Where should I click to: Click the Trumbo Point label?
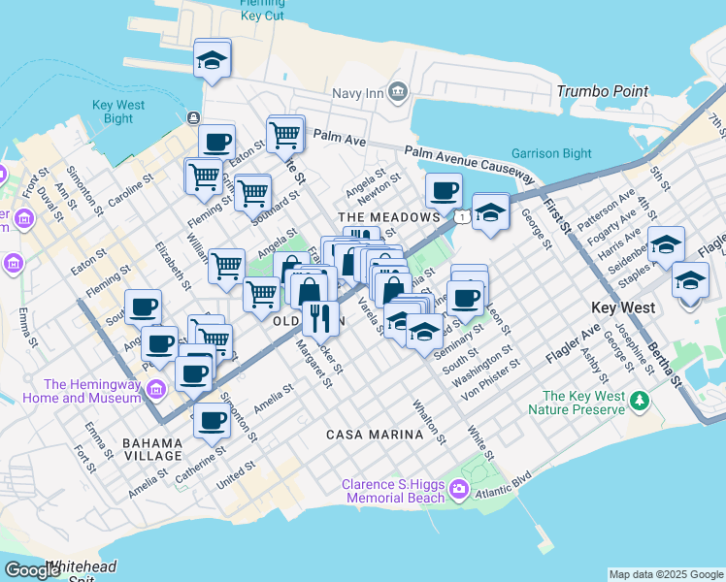coord(603,91)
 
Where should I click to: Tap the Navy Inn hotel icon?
coord(397,92)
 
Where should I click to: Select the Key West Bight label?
coord(118,112)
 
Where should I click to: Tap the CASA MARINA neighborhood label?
coord(375,435)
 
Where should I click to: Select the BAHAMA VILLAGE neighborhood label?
coord(152,449)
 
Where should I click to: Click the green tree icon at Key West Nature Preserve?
coord(639,400)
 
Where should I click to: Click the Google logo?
coord(32,569)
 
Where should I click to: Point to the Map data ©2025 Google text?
coord(665,574)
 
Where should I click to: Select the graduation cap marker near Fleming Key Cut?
coord(211,60)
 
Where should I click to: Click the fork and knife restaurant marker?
coord(319,316)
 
